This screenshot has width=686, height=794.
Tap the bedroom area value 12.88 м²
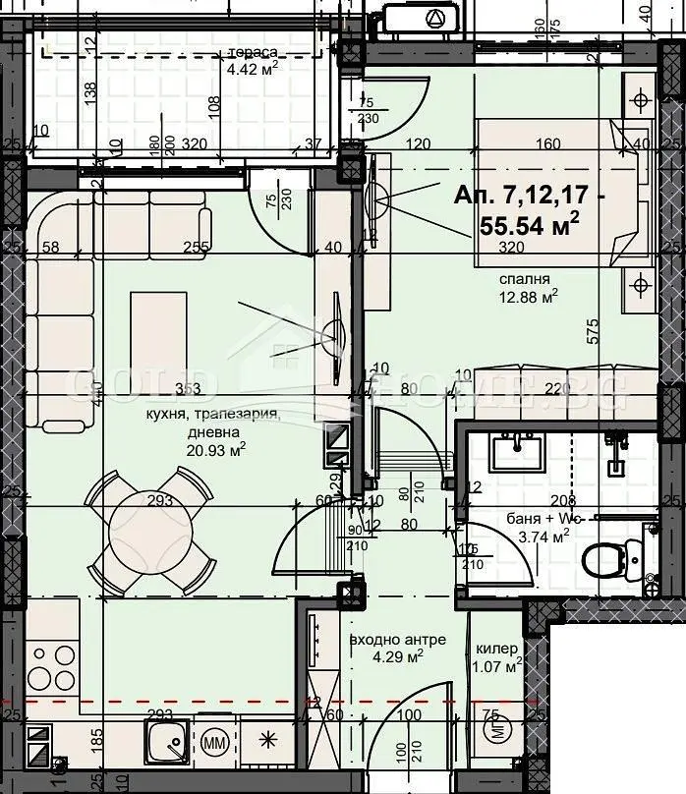coord(529,294)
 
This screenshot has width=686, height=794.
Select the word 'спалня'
coord(523,277)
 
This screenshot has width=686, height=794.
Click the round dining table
coord(152,528)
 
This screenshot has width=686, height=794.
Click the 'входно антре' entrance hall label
coord(398,640)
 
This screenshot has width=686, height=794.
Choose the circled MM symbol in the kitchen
coord(216,739)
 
